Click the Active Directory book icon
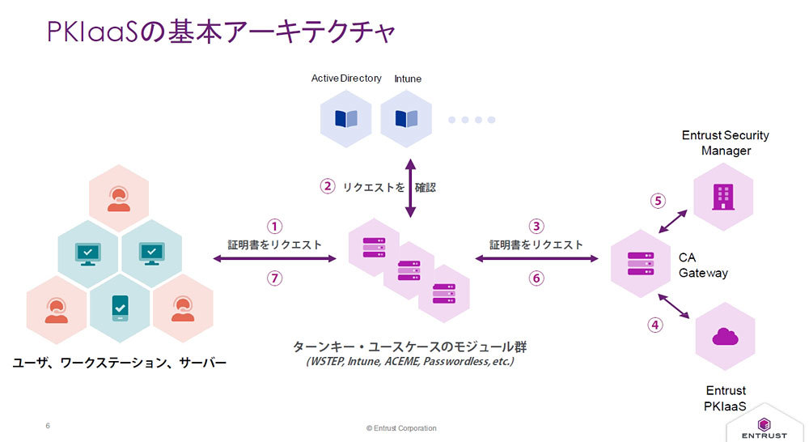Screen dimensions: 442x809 345,119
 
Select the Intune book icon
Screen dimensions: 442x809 406,119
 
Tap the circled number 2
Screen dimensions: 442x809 328,186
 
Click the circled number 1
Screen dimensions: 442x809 275,226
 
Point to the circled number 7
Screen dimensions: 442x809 275,278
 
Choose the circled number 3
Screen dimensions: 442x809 536,226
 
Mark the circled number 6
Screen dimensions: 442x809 536,278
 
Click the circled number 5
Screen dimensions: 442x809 658,201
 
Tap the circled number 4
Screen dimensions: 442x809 656,325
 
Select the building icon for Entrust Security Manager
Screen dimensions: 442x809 722,197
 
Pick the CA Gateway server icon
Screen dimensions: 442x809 642,263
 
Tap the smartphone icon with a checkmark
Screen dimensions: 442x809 120,308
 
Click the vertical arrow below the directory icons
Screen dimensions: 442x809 409,187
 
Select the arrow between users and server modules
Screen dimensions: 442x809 274,258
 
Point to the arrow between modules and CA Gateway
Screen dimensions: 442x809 536,258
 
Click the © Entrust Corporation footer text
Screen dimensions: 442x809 401,427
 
